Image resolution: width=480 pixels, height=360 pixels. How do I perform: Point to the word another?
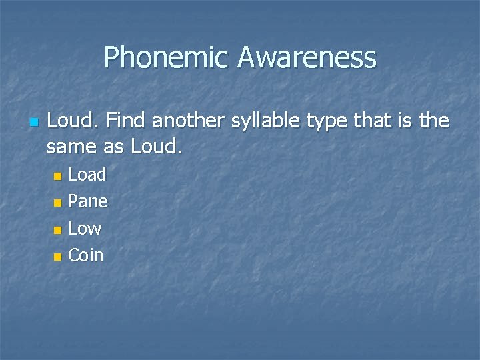coord(190,121)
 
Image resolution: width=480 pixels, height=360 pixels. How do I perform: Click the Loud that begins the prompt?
coord(73,121)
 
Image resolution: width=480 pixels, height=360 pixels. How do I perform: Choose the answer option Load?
coord(87,175)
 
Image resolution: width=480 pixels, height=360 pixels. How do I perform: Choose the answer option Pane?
coord(88,201)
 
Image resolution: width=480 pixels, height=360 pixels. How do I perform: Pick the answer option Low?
coord(85,229)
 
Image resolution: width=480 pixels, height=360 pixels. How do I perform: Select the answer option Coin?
coord(86,255)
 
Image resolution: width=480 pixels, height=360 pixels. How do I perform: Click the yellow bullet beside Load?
coord(58,176)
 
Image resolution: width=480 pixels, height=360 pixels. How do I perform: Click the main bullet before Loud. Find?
coord(33,123)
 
